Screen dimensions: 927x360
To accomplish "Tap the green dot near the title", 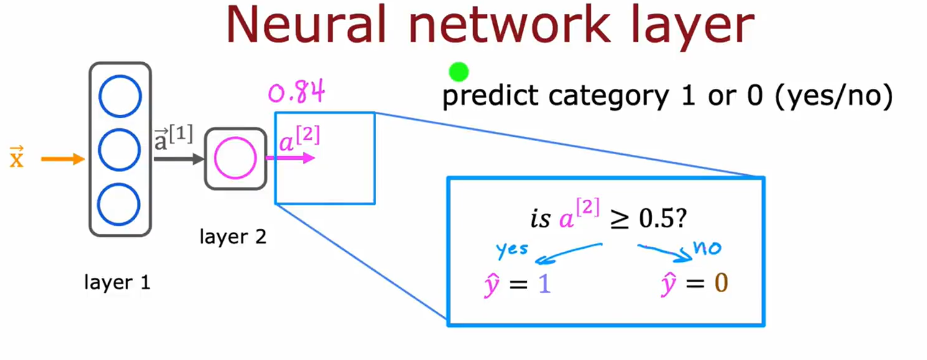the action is (x=458, y=72).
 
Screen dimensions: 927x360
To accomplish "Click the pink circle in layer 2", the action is (x=235, y=159).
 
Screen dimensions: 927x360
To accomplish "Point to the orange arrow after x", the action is (x=62, y=160).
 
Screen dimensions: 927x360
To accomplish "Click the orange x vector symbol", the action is (x=17, y=159).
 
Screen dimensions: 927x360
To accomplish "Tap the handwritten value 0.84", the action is (x=297, y=93).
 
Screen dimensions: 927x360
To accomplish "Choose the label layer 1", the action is (x=118, y=283).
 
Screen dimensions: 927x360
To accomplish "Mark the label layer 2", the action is (x=233, y=237).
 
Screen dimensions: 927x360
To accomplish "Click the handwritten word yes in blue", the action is (x=512, y=250).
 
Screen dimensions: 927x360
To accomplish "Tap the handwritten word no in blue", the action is (x=707, y=248).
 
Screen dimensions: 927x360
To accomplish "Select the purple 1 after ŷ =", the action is (x=545, y=284).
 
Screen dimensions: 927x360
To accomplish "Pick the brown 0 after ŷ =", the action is (x=721, y=284).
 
